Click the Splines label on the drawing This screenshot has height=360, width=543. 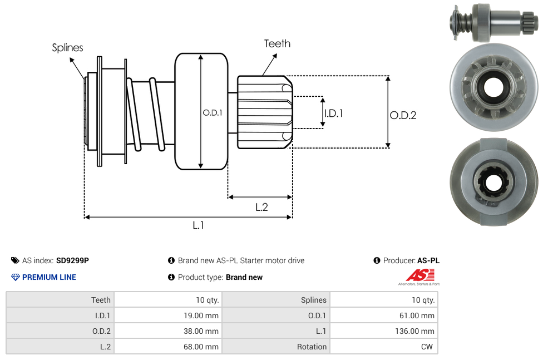(67, 48)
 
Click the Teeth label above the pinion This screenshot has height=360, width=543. (277, 43)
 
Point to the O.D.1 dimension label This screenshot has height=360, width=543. (213, 112)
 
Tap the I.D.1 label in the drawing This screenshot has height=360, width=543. (333, 114)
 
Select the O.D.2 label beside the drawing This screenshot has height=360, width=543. (403, 115)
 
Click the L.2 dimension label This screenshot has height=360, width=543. (261, 207)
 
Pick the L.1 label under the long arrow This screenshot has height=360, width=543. (199, 225)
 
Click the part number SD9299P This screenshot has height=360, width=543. (72, 260)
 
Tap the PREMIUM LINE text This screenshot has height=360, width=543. (49, 277)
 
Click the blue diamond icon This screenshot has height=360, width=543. (16, 277)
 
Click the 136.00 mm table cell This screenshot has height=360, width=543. (412, 331)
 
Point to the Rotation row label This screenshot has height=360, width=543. (312, 347)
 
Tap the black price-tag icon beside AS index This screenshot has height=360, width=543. (15, 260)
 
